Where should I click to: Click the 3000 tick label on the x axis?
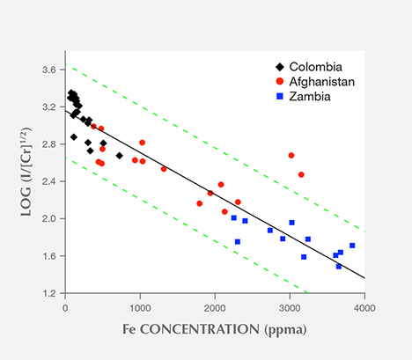(x=289, y=307)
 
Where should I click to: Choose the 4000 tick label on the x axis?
(x=364, y=307)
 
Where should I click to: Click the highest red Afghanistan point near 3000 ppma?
(x=291, y=156)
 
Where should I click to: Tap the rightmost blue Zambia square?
(x=352, y=246)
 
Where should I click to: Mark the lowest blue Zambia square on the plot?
(x=339, y=266)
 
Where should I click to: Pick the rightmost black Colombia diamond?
(x=119, y=156)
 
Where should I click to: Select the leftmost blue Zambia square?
(x=233, y=217)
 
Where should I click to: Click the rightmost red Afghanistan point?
(x=301, y=174)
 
